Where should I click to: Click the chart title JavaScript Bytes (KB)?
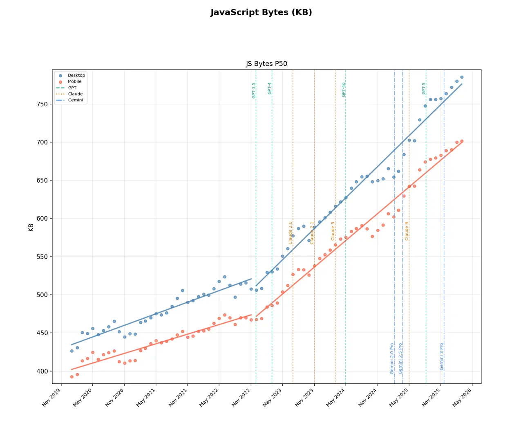[x=261, y=13]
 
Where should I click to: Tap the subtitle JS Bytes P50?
[x=266, y=64]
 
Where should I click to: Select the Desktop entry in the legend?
[x=76, y=76]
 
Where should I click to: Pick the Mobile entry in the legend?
[x=74, y=82]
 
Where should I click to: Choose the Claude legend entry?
[x=75, y=94]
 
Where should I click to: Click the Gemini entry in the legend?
[x=75, y=100]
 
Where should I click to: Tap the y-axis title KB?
[x=31, y=228]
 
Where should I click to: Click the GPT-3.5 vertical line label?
[x=254, y=90]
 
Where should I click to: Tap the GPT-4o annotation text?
[x=344, y=89]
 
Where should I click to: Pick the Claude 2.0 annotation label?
[x=291, y=233]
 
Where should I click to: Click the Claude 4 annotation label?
[x=407, y=231]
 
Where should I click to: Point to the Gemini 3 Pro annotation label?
[x=442, y=356]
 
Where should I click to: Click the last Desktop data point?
[x=462, y=77]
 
